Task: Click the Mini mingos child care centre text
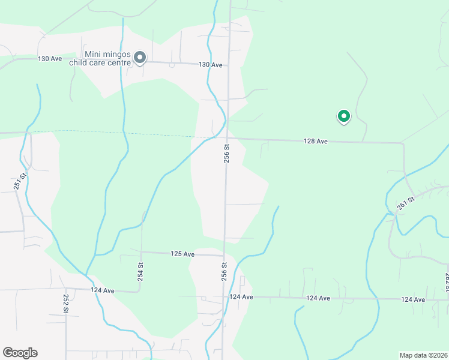(108, 58)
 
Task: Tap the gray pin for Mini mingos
(140, 58)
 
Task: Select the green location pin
(343, 116)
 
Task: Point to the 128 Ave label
(316, 142)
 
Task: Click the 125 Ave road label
(182, 254)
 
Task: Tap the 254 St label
(140, 272)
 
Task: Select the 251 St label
(23, 182)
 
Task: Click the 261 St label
(406, 203)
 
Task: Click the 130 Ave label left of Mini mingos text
(50, 59)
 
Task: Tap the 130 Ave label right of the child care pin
(210, 65)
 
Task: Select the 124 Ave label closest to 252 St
(102, 290)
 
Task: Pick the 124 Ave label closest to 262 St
(414, 299)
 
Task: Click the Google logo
(20, 353)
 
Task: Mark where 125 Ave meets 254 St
(140, 253)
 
